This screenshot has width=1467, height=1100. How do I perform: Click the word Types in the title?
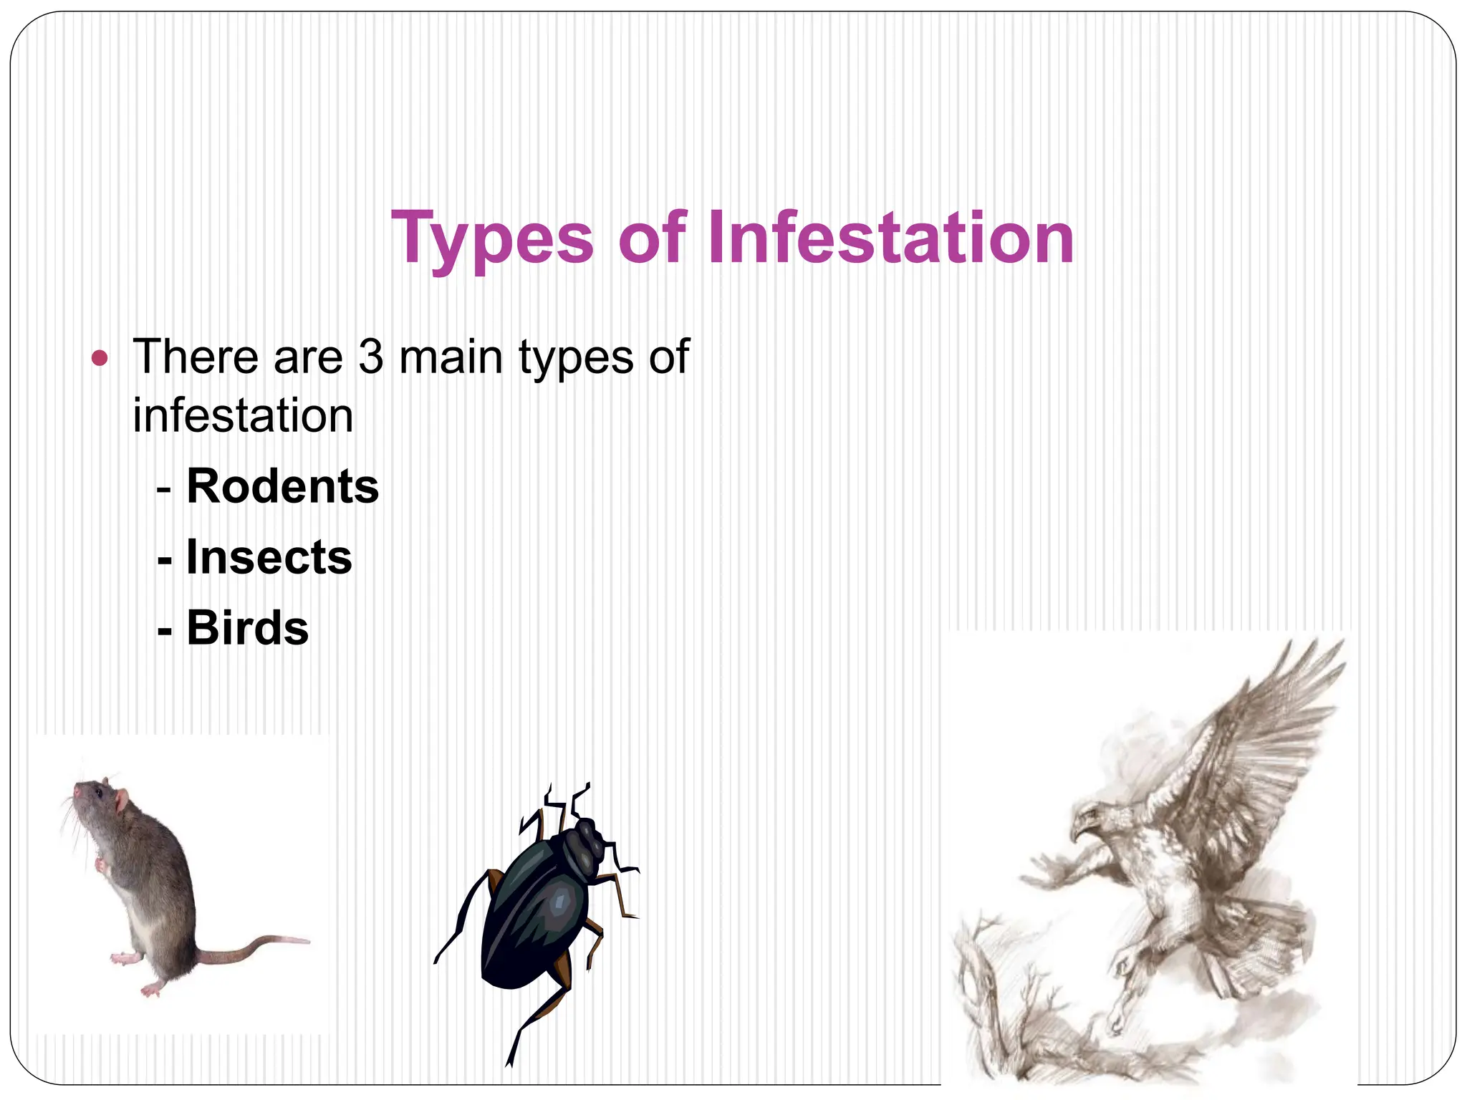tap(493, 238)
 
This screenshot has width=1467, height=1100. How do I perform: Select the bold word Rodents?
tap(282, 486)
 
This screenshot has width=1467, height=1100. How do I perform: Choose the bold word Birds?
tap(247, 628)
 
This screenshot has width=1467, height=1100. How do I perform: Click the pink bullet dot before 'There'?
tap(100, 357)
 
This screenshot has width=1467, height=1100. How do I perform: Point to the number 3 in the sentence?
tap(371, 357)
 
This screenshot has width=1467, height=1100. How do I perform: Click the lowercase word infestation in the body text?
tap(243, 416)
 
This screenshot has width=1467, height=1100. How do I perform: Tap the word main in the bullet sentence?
tap(451, 357)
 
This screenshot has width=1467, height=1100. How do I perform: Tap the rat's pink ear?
tap(122, 800)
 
